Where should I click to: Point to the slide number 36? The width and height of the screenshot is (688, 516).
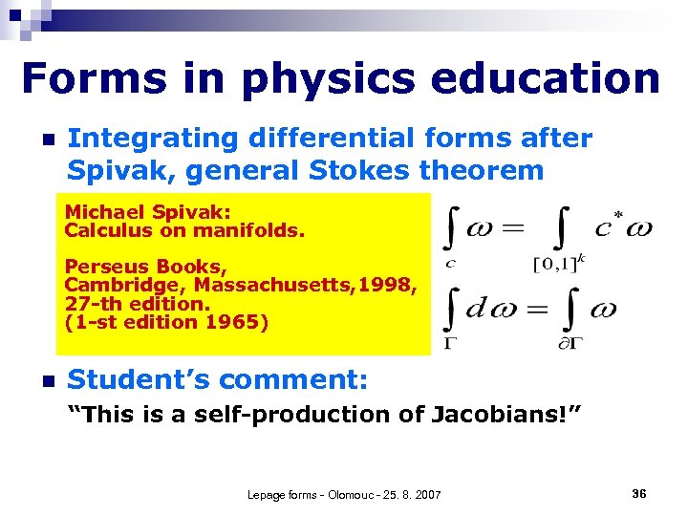639,493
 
